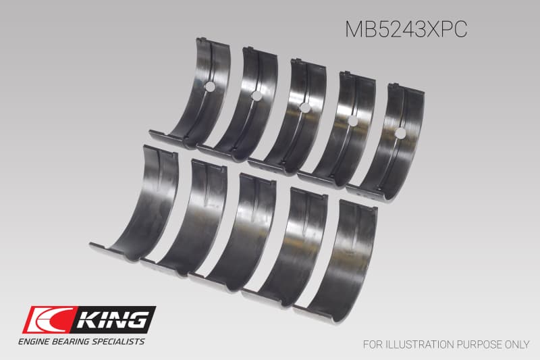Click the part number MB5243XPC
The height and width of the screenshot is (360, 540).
click(406, 30)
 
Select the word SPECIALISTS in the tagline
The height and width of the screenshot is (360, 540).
click(120, 342)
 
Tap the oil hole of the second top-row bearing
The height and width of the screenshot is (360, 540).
click(256, 96)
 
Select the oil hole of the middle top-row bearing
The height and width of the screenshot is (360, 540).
click(304, 107)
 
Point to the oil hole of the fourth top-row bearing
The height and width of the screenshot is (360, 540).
click(352, 120)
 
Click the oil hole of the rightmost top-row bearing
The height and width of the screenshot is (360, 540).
click(400, 133)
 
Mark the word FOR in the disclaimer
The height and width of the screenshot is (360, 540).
click(372, 344)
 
